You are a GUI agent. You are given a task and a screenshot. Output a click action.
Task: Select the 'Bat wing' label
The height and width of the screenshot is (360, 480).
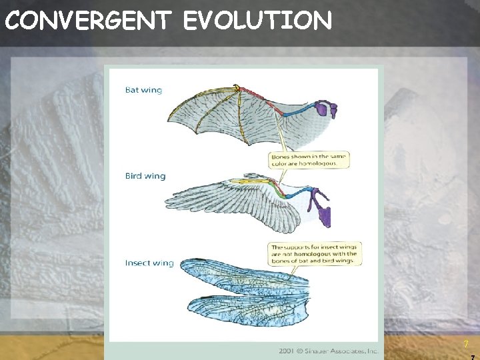click(143, 90)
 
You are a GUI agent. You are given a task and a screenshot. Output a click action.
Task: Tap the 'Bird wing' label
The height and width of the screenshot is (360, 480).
click(145, 176)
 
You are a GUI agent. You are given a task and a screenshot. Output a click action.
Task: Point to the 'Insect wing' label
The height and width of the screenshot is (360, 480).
click(149, 263)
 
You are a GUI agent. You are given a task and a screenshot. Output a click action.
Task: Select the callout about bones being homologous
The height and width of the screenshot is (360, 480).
click(309, 160)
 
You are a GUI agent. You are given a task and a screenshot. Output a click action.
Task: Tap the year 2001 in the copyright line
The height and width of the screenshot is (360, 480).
click(288, 351)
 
